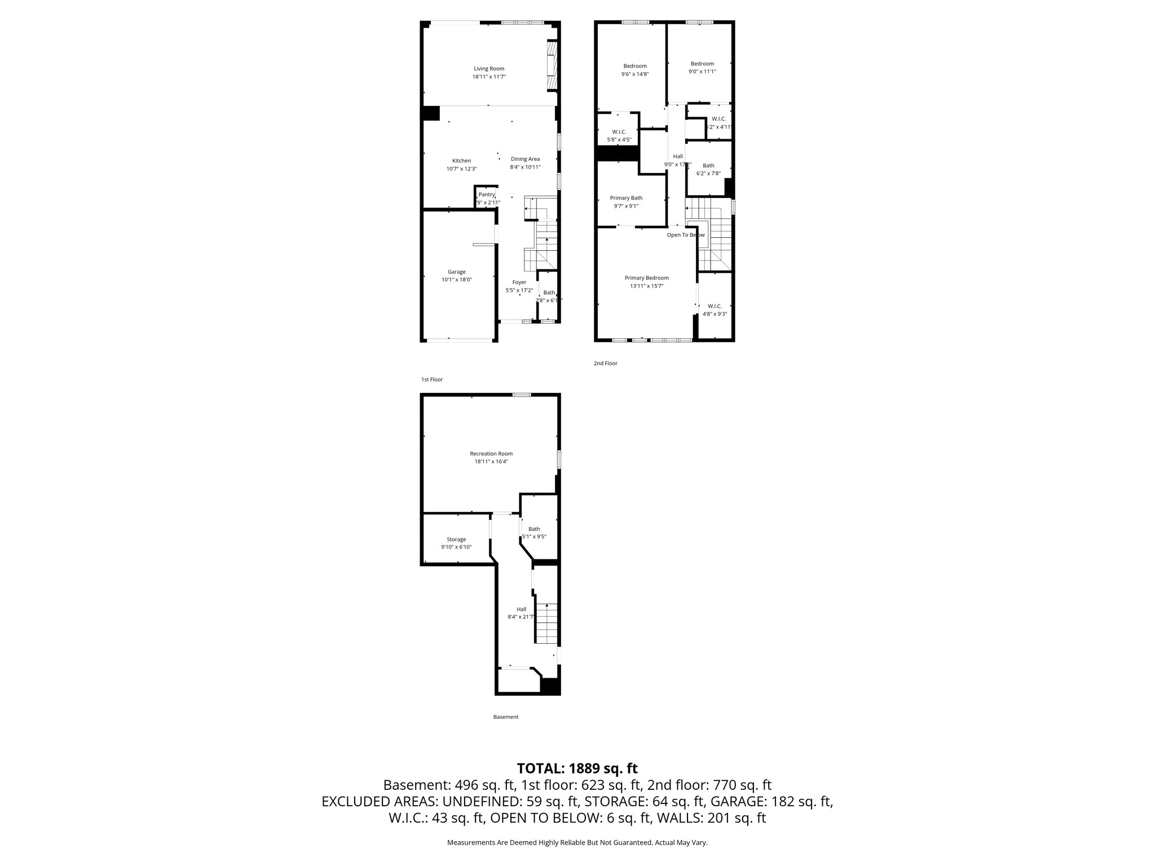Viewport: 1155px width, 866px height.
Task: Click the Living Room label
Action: coord(489,69)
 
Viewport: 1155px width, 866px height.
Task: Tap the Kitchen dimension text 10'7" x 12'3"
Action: coord(461,169)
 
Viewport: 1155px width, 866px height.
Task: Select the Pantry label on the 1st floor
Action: coord(486,195)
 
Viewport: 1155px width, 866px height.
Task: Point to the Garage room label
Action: coord(457,272)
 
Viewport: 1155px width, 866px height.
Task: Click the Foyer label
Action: coord(519,282)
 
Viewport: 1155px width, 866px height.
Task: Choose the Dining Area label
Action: coord(525,159)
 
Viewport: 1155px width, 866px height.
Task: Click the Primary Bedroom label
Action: coord(646,278)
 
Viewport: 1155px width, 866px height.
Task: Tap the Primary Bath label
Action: coord(626,198)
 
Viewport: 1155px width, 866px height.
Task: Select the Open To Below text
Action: coord(685,235)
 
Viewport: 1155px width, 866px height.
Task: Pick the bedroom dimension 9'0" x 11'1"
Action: coord(702,72)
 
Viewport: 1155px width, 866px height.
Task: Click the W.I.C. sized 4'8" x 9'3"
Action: coord(715,310)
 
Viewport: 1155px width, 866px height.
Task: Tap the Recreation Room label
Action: coord(491,454)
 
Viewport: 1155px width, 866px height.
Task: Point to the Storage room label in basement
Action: coord(456,540)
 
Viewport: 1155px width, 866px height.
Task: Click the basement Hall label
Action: coord(521,609)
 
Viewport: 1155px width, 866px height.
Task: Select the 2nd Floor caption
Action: coord(605,364)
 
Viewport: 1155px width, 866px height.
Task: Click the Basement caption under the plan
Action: coord(505,717)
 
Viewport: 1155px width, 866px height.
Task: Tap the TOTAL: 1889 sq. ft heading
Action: coord(577,768)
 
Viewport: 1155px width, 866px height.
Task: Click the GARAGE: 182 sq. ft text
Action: coord(771,801)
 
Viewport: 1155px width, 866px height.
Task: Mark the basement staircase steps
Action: coord(546,623)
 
